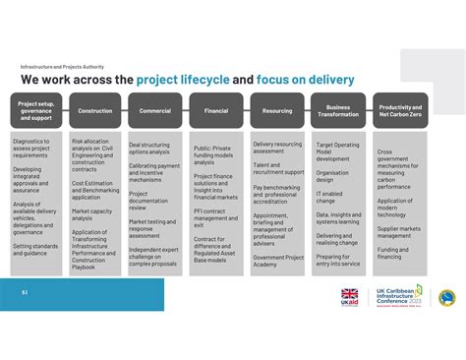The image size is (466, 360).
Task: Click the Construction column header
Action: point(95,111)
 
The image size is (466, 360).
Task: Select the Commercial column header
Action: point(154,111)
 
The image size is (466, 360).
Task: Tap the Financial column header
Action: point(216,111)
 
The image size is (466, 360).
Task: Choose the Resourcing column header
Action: point(277,111)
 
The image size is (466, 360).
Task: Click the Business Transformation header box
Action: point(338,111)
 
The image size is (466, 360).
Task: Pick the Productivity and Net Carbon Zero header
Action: point(400,111)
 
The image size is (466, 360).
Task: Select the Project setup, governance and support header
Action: point(35,111)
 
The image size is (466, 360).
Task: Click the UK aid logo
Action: point(350,298)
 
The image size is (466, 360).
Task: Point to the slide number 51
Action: point(25,292)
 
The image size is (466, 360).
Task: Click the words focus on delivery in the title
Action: point(308,80)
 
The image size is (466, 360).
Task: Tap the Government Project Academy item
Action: point(277,261)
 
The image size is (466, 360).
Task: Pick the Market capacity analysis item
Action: point(91,214)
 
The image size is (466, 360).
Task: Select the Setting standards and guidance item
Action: point(35,250)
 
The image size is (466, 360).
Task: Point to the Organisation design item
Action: point(332,176)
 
